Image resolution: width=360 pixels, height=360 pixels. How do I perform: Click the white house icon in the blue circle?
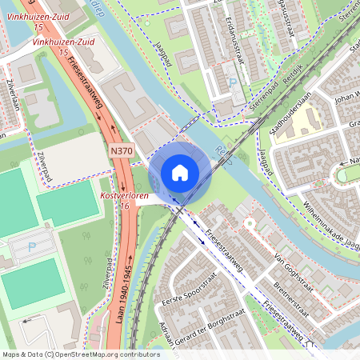coord(180,172)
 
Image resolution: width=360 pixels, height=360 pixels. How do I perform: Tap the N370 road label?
coord(122,150)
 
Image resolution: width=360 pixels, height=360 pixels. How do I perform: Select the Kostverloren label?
coord(125,195)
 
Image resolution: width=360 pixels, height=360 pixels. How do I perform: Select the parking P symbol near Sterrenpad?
coord(233,82)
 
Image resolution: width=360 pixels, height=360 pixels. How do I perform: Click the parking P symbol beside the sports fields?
coord(33,248)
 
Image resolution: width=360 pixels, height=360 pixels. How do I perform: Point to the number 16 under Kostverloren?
coord(124,206)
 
